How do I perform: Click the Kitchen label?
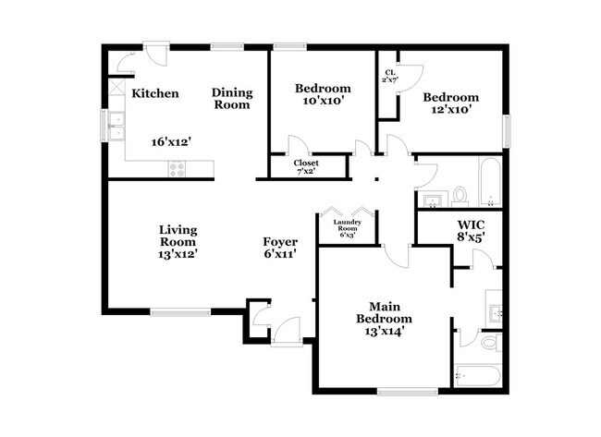(x=154, y=93)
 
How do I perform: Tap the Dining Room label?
(x=231, y=98)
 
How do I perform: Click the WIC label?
(x=472, y=225)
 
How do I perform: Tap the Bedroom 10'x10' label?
(x=320, y=94)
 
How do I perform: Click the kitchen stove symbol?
(x=176, y=168)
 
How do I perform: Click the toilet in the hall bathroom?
(x=460, y=196)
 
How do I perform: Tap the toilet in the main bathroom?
(x=491, y=343)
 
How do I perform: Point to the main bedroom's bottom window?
(x=408, y=392)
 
